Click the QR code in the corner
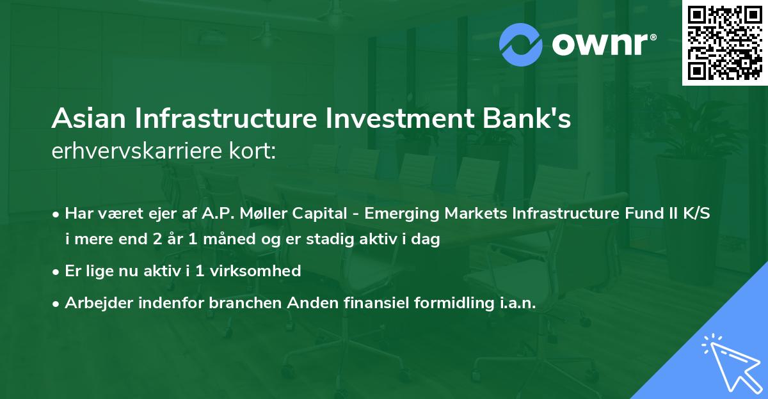click(x=725, y=42)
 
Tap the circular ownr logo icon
click(x=522, y=45)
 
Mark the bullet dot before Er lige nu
click(x=57, y=272)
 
